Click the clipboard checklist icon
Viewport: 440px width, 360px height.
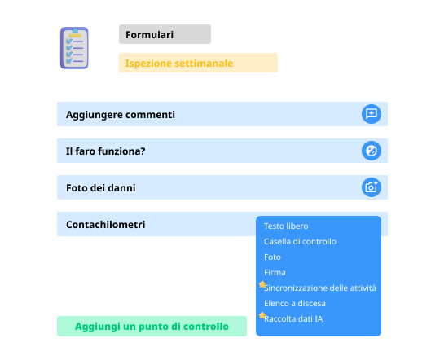(x=74, y=48)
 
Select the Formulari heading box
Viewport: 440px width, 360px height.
(x=165, y=34)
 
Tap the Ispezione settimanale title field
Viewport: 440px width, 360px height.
(x=198, y=63)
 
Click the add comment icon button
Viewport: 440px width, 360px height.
(x=372, y=114)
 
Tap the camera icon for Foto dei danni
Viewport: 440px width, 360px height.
(x=372, y=187)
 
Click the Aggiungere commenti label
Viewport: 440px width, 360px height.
(x=121, y=115)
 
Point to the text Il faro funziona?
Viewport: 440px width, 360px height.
(x=105, y=151)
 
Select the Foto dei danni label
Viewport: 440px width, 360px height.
(x=101, y=187)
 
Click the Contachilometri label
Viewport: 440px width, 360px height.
(x=105, y=225)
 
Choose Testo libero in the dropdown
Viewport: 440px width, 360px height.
(x=286, y=226)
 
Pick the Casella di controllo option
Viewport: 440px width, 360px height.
(x=300, y=241)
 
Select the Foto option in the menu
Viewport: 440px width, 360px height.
(x=272, y=257)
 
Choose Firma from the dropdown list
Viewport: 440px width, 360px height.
(x=275, y=272)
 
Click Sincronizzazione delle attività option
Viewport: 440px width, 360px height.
(x=320, y=288)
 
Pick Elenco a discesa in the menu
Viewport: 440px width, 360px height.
(x=295, y=303)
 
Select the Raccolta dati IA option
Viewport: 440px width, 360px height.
(x=293, y=318)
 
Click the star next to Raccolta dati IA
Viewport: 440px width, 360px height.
(x=262, y=315)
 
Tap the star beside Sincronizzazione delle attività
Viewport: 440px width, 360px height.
(x=262, y=284)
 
